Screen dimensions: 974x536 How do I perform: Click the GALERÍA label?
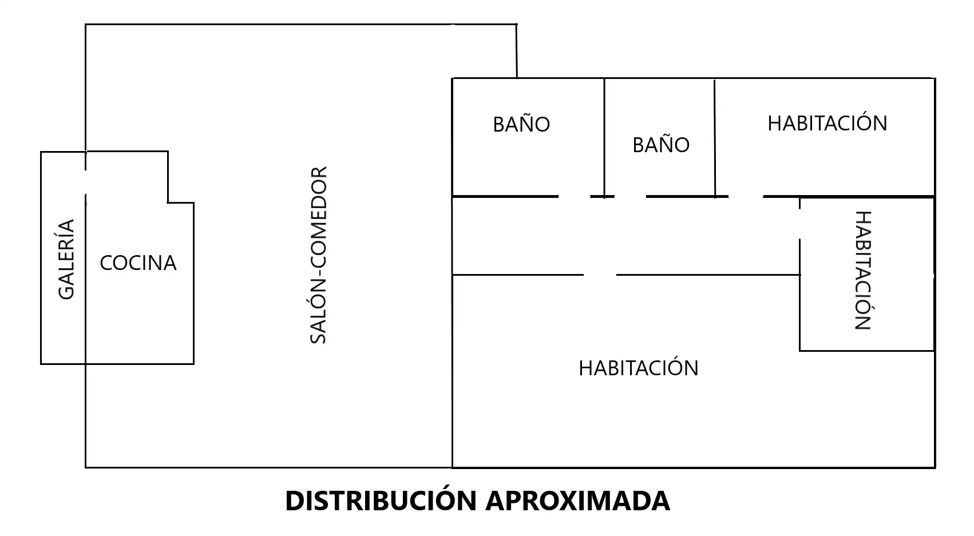coord(66,260)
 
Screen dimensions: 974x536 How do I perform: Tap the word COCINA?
coord(138,263)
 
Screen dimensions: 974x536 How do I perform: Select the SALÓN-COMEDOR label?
coord(318,255)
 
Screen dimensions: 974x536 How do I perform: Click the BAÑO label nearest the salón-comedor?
coord(521,124)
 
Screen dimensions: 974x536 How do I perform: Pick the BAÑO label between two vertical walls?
coord(661,144)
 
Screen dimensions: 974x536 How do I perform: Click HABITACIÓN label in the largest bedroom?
coord(638,368)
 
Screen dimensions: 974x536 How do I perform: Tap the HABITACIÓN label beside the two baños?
coord(827,122)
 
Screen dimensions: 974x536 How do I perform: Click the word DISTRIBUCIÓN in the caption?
coord(381,500)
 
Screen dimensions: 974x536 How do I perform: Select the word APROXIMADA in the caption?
coord(578,501)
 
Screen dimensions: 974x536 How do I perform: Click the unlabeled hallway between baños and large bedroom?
coord(625,236)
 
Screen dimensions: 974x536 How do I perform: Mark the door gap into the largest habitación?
coord(600,275)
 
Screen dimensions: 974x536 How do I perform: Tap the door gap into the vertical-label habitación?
coord(799,224)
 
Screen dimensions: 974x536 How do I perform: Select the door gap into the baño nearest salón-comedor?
coord(574,196)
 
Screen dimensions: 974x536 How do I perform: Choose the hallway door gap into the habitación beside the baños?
coord(746,196)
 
